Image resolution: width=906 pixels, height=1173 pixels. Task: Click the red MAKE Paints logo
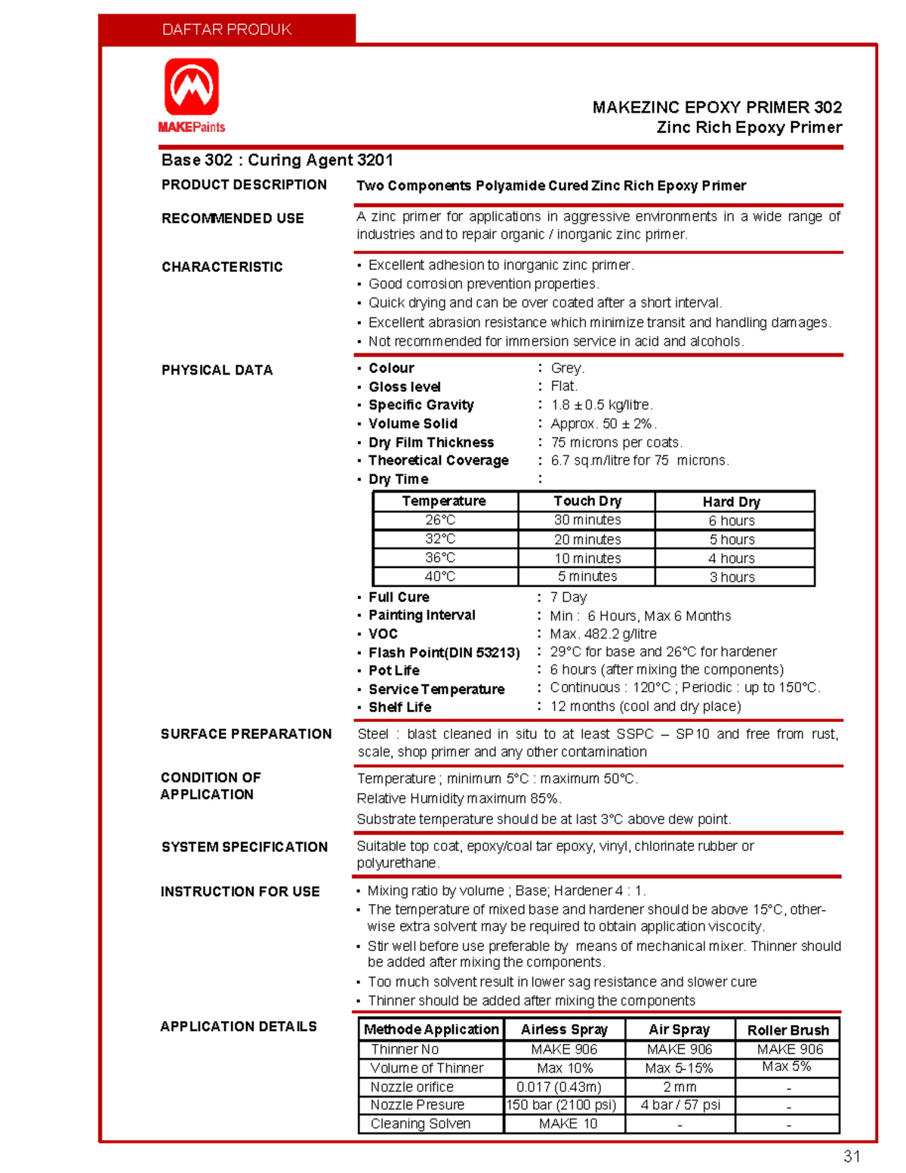192,94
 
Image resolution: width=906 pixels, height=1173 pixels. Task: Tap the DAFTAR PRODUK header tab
226,29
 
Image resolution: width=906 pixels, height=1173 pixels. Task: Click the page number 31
852,1156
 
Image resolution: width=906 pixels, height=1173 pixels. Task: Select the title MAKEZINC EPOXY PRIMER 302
716,107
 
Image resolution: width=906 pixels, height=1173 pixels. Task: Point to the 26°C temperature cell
440,520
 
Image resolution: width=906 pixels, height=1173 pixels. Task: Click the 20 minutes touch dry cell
587,539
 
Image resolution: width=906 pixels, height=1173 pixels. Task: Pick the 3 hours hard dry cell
732,577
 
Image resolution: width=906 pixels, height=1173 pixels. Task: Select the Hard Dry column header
732,502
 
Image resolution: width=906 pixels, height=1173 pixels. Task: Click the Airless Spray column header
564,1029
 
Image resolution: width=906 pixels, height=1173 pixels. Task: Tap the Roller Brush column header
787,1030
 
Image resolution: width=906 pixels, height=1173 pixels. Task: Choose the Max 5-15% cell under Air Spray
679,1068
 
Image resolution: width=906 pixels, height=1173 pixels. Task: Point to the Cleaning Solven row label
421,1124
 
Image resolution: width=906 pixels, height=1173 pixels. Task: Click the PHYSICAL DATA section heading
217,370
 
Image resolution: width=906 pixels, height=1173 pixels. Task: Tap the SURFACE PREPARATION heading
246,734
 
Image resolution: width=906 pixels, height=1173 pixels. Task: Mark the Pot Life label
394,671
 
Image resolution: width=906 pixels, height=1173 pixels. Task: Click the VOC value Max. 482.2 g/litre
603,634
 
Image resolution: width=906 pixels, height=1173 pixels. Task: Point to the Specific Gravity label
421,405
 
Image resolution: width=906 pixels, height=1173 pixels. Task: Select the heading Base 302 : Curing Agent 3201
277,160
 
